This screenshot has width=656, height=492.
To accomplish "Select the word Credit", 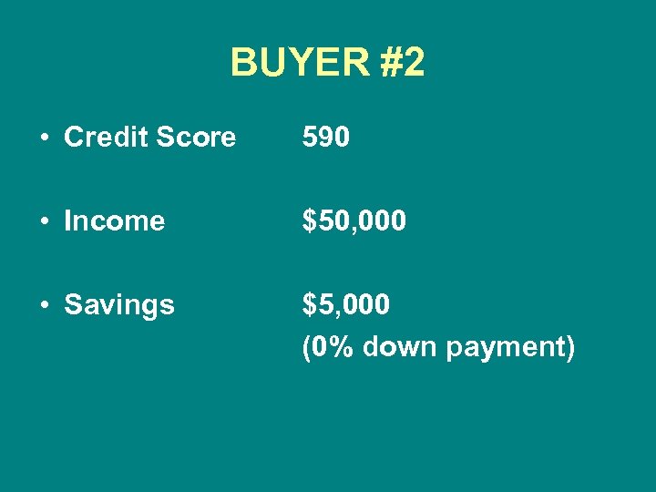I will pyautogui.click(x=101, y=138).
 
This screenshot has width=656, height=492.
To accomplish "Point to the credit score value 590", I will pyautogui.click(x=326, y=138).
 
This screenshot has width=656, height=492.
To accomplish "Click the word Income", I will pyautogui.click(x=115, y=220).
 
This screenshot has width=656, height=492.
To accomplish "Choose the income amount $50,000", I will pyautogui.click(x=355, y=220).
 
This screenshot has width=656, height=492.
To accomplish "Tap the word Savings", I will pyautogui.click(x=119, y=304).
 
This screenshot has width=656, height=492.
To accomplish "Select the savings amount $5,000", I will pyautogui.click(x=347, y=304).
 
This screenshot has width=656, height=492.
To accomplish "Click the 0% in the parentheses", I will pyautogui.click(x=331, y=347).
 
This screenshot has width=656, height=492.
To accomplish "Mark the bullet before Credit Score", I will pyautogui.click(x=44, y=138).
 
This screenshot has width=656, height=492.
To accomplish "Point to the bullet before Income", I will pyautogui.click(x=44, y=221).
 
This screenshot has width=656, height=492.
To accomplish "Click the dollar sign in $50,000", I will pyautogui.click(x=311, y=220).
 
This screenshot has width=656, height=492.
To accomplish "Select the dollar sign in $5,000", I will pyautogui.click(x=311, y=304).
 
